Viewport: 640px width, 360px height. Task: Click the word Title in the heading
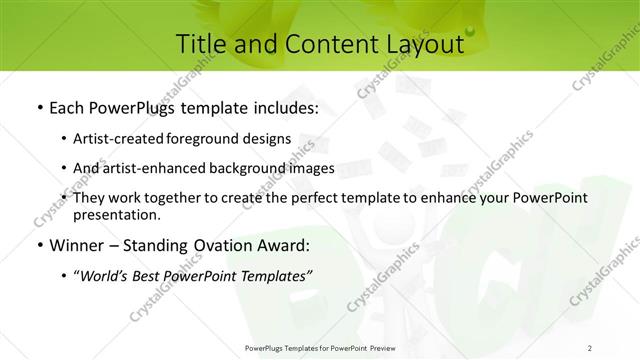point(200,44)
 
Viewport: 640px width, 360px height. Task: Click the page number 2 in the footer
point(590,347)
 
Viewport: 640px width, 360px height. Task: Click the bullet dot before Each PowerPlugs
point(38,106)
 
